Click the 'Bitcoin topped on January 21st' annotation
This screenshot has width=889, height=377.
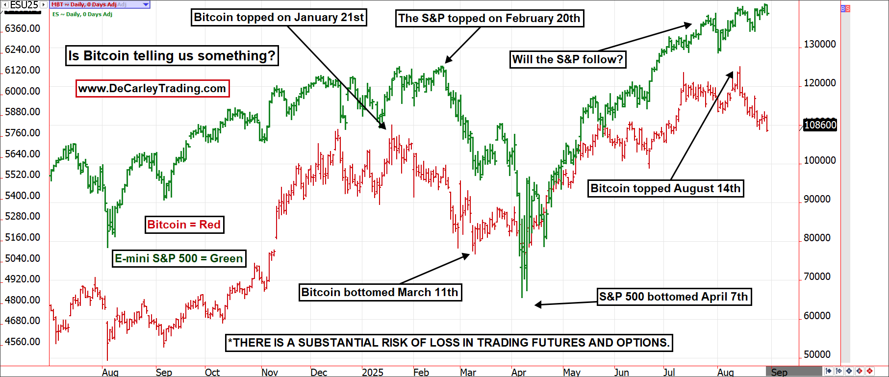[279, 18]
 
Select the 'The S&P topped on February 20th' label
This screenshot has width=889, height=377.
[489, 19]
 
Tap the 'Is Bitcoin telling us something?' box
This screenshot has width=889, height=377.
[172, 56]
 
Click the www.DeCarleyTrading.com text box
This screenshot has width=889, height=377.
[152, 89]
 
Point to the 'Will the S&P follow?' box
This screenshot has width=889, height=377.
[567, 60]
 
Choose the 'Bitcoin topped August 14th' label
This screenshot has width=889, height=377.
[665, 189]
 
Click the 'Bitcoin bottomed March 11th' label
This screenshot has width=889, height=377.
[380, 293]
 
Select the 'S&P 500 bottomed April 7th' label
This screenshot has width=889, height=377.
[674, 297]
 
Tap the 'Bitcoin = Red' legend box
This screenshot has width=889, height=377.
[184, 225]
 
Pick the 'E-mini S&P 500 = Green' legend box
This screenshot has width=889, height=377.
[179, 259]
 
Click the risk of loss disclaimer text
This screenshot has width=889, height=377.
[449, 343]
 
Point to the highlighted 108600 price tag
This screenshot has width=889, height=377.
[820, 125]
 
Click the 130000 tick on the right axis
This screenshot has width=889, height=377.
[820, 44]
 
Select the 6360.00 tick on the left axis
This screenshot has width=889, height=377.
[23, 28]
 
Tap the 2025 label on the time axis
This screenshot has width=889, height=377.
[372, 372]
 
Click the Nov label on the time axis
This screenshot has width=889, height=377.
[270, 372]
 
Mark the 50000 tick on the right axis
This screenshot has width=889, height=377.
[817, 354]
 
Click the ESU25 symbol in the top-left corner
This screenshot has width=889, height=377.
[24, 5]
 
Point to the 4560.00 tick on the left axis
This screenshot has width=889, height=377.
[23, 342]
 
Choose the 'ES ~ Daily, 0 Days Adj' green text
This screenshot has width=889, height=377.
[82, 14]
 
